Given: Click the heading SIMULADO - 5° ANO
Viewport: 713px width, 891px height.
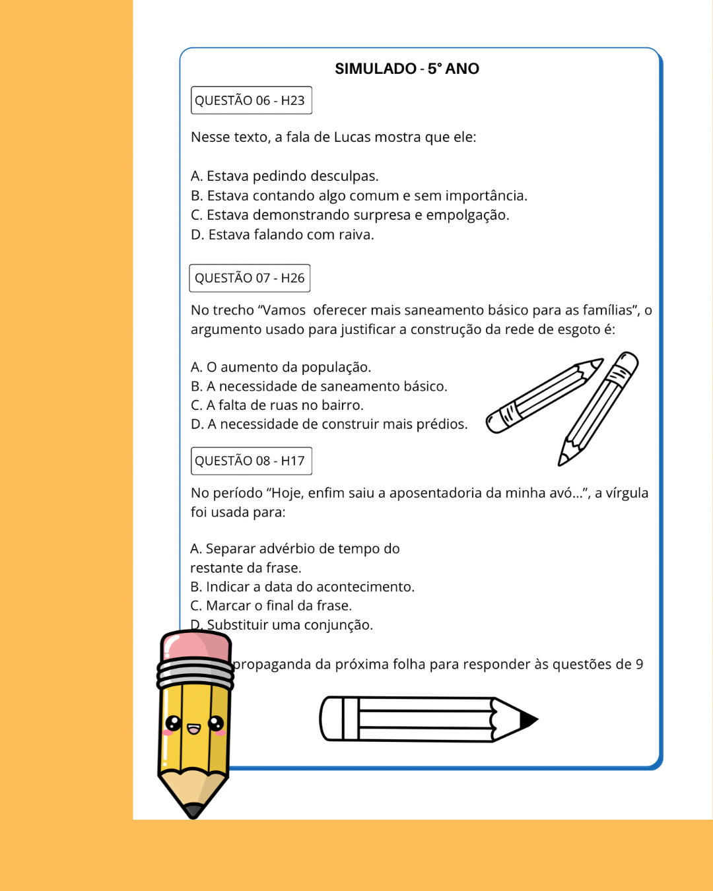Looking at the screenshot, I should [407, 69].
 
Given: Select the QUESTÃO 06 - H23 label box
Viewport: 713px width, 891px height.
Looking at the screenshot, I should [250, 100].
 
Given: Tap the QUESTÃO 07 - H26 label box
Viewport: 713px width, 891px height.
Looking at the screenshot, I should [250, 278].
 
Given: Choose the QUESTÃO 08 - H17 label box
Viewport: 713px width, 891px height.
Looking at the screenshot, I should [250, 461].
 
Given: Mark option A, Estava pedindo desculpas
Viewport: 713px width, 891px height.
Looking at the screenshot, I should [285, 176].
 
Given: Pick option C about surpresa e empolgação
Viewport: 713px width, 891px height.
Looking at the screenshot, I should [350, 215].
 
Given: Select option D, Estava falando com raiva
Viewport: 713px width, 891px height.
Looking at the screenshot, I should [283, 235].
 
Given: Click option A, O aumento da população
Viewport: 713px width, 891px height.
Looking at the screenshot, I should [281, 367].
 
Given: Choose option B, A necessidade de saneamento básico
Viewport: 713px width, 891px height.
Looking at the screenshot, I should [319, 386].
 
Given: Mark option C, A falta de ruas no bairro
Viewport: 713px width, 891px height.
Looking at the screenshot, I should [277, 405].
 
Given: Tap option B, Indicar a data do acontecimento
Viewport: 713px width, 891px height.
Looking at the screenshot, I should [302, 587].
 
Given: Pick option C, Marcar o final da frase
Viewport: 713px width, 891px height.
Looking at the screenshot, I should [271, 606].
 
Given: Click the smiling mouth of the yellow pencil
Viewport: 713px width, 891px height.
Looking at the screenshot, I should [193, 729].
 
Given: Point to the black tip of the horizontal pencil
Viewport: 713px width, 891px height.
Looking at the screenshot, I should [528, 719].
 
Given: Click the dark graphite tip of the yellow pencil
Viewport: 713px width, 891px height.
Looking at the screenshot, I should [193, 810].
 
